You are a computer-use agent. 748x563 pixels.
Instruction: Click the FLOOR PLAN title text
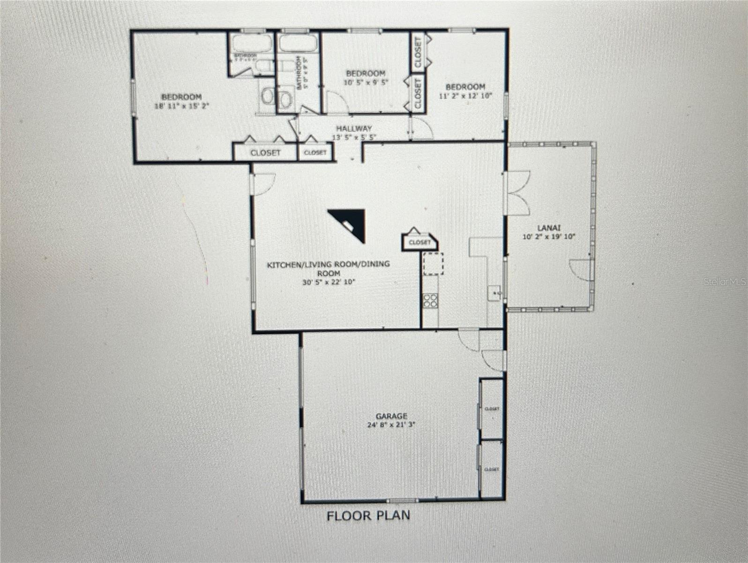(x=368, y=516)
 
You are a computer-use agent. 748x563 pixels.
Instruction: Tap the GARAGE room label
(x=391, y=416)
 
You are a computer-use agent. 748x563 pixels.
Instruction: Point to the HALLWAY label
(x=354, y=128)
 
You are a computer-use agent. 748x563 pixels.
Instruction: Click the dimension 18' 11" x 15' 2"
(x=182, y=106)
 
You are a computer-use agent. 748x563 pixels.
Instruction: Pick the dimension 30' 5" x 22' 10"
(x=329, y=282)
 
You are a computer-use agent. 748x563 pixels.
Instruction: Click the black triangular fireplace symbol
(x=350, y=224)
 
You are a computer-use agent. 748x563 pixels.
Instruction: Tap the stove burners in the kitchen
(x=430, y=300)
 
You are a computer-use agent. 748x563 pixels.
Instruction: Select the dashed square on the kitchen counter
(x=433, y=263)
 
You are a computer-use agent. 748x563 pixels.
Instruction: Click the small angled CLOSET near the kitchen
(x=419, y=242)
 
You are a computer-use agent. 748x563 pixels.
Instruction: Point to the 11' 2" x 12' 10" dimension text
(x=465, y=96)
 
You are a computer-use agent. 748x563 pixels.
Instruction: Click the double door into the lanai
(x=517, y=192)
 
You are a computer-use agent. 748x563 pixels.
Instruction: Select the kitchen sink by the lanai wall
(x=495, y=294)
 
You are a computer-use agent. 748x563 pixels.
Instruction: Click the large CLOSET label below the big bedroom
(x=265, y=153)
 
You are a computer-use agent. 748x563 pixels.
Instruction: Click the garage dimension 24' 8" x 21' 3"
(x=391, y=425)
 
